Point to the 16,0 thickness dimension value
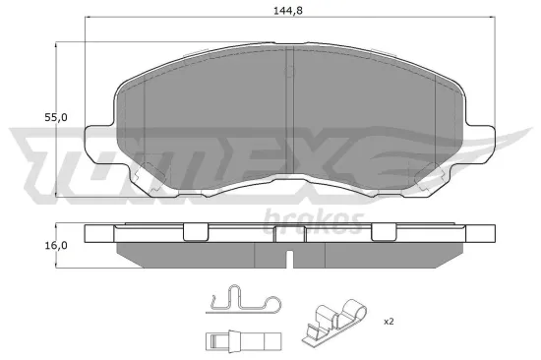58,245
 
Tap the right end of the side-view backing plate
482,235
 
